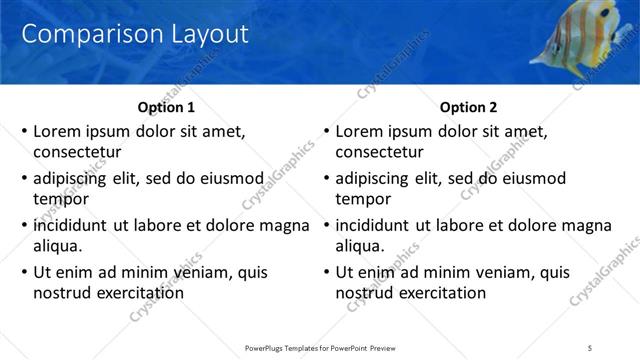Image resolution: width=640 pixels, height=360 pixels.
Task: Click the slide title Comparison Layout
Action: click(x=134, y=34)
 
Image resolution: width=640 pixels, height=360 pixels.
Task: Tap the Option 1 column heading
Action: click(x=164, y=107)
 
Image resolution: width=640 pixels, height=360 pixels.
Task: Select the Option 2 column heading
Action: click(x=467, y=107)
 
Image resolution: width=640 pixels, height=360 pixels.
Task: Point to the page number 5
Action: click(x=590, y=347)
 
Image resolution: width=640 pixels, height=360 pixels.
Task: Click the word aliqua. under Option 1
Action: click(x=57, y=246)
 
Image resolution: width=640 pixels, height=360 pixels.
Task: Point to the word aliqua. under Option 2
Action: click(x=359, y=246)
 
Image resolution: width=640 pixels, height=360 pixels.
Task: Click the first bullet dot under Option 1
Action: click(x=24, y=131)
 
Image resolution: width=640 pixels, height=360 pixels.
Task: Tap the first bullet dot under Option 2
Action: click(x=326, y=131)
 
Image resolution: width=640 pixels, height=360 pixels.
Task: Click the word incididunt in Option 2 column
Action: click(x=375, y=226)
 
